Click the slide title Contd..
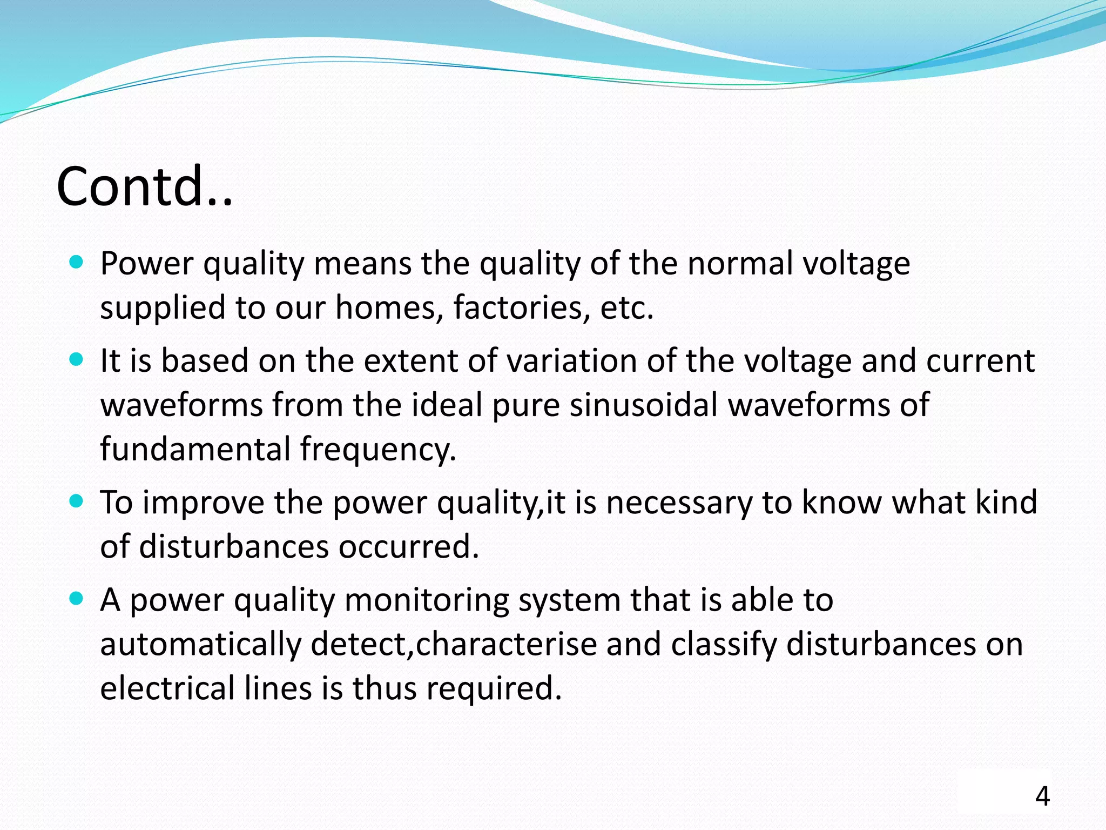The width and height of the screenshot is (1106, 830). (x=144, y=186)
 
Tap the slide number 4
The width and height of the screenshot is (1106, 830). (x=1042, y=797)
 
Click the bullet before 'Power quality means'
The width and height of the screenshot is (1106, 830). (x=77, y=263)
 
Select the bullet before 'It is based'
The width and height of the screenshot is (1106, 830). (x=77, y=360)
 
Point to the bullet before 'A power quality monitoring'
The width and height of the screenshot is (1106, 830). (x=77, y=599)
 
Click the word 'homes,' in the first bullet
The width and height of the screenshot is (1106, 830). (x=386, y=307)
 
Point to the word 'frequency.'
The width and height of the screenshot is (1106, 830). (x=378, y=450)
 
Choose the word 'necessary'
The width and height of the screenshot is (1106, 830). (x=679, y=503)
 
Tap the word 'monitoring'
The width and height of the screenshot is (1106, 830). (x=426, y=601)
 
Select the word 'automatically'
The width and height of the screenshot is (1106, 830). (x=200, y=645)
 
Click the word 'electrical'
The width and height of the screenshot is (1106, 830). (x=167, y=688)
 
